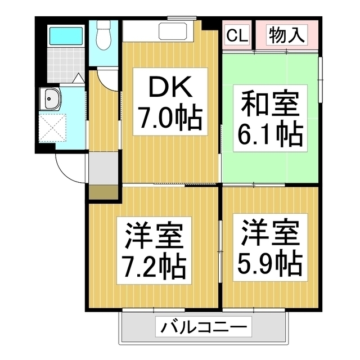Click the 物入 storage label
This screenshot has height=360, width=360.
(286, 35)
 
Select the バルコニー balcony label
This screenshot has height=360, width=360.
(205, 326)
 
